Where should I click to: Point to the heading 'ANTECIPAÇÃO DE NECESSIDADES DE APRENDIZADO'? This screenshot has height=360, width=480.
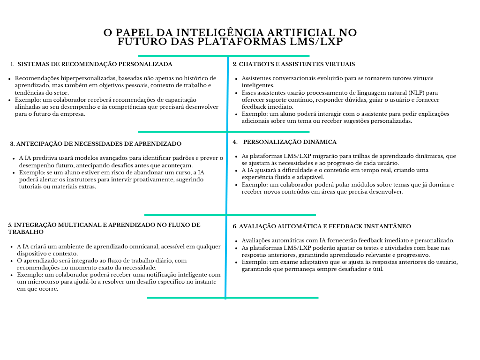click(99, 144)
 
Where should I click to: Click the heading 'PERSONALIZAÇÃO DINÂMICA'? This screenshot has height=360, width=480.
click(290, 142)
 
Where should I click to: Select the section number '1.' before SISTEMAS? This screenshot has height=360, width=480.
click(12, 64)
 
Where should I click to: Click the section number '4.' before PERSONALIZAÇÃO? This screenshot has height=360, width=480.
click(235, 142)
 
